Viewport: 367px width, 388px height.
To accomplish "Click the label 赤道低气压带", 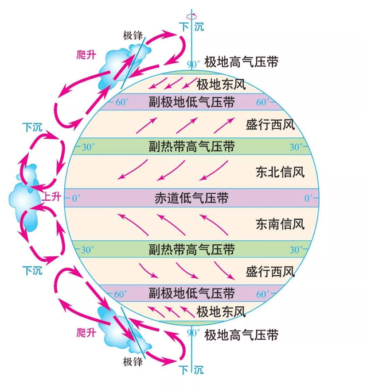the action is coord(192,198).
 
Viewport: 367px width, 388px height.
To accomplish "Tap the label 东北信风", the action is coord(280,172).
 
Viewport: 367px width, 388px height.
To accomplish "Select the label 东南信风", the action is coord(280,224).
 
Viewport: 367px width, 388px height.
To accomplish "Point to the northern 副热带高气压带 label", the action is coord(192,146).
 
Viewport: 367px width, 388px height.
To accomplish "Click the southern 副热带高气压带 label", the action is coord(192,249).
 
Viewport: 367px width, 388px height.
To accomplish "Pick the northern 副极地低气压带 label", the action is coord(192,102).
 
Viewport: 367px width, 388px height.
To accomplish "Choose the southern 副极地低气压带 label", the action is coord(192,293).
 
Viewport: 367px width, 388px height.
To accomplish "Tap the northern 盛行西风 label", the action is coord(270,125).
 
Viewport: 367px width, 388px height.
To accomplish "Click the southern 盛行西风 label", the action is coord(270,272).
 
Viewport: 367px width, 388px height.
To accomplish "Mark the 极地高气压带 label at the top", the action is coord(241,62).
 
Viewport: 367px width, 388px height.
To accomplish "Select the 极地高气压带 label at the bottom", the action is coord(241,335).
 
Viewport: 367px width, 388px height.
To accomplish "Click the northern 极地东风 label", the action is coord(221,84).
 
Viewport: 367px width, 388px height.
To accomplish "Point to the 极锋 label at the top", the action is coord(133,36).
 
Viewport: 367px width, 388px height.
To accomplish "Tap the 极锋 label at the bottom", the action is coord(133,362).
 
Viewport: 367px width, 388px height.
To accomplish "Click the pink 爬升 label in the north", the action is coord(86,55).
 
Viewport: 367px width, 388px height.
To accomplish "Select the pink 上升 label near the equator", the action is coord(52,197).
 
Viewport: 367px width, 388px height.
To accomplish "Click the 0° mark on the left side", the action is coord(76,198).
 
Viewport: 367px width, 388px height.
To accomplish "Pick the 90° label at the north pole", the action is coord(193,64).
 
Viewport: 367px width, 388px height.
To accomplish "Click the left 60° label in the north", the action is coord(122,102).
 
